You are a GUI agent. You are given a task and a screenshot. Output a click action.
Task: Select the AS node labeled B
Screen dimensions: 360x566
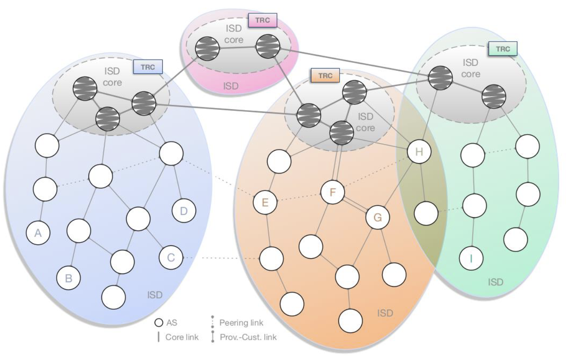point(69,278)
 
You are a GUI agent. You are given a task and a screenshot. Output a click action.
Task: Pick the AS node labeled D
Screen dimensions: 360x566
point(184,211)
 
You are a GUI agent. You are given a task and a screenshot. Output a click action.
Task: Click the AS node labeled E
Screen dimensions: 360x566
point(265,203)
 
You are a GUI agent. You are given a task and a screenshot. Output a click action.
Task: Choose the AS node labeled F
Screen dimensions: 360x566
point(333,193)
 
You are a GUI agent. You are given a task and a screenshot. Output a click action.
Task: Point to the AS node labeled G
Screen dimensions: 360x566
point(377,218)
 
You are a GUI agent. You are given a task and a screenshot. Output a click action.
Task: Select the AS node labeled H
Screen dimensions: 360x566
point(419,152)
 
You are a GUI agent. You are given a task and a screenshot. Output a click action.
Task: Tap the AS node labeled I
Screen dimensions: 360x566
point(471,258)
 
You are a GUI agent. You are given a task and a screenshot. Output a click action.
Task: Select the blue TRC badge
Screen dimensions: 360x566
point(148,67)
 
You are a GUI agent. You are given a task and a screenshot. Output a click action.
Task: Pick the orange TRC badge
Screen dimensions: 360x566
point(325,75)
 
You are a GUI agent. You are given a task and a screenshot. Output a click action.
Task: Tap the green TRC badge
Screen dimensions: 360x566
point(503,49)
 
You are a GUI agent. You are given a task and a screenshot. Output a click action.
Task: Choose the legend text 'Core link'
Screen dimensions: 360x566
point(182,337)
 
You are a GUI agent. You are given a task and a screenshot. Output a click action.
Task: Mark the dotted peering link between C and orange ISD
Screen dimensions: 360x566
point(221,258)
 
